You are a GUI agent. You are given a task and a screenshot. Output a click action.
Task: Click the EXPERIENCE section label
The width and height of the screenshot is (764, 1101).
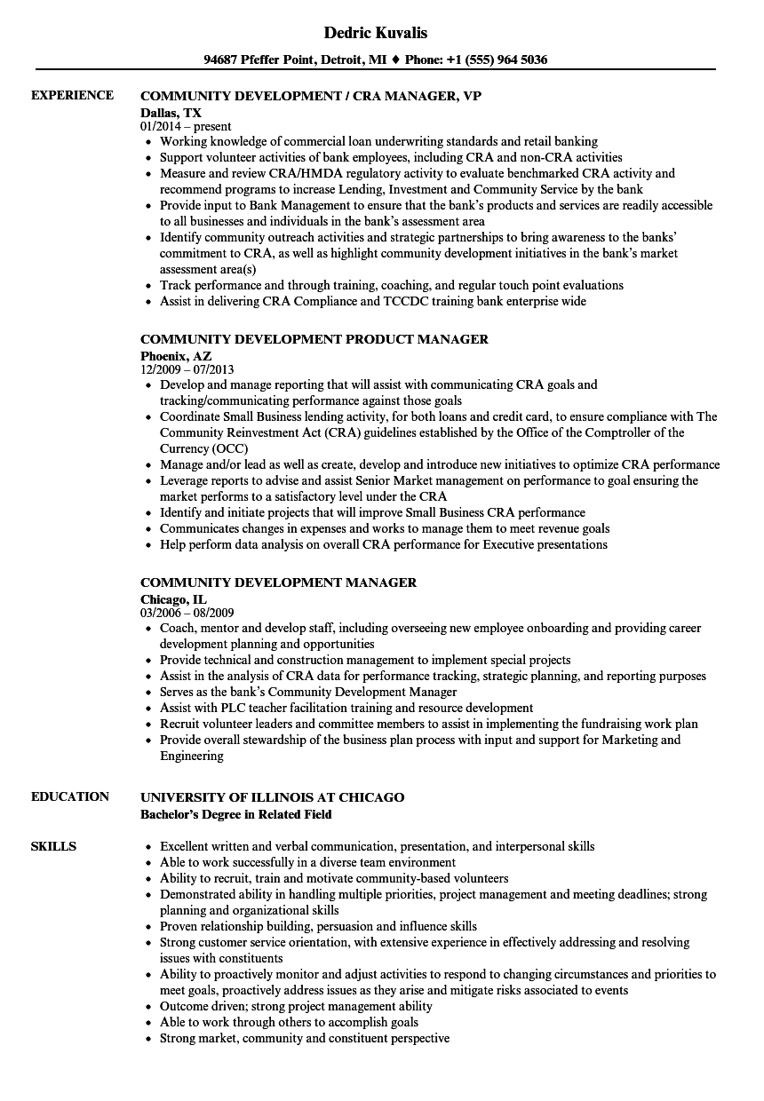pos(72,95)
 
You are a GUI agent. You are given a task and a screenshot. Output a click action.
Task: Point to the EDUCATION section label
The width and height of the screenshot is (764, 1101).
pos(70,796)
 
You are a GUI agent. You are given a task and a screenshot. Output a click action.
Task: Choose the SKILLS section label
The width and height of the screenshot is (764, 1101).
pos(53,846)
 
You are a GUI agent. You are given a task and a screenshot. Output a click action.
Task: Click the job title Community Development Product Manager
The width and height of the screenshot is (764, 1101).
pos(314,339)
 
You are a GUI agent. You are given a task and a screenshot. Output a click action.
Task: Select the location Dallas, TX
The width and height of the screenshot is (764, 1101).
pos(171,113)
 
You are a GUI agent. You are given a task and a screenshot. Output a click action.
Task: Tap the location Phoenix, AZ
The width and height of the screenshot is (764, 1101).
pos(176,355)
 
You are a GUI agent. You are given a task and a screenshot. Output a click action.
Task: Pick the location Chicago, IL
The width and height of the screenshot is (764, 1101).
pos(173,599)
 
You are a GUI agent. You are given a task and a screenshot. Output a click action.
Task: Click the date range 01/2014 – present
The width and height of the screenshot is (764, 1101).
pos(186,127)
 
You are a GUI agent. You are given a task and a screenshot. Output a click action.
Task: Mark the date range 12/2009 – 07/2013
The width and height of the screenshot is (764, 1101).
pos(187,369)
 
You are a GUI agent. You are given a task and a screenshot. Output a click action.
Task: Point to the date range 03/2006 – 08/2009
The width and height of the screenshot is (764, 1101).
pos(187,613)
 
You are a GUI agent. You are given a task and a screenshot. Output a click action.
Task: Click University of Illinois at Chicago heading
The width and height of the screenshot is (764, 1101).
pos(272,797)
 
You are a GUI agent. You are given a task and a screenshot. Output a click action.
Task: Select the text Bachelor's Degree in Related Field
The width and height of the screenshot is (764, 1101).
pos(236,814)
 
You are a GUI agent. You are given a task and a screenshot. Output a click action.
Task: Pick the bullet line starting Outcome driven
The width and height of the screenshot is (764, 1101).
pos(296,1006)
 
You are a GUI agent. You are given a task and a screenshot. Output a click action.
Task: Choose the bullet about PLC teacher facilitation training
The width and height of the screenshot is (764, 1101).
pos(346,708)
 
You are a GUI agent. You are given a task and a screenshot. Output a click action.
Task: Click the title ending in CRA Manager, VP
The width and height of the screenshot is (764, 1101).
pos(311,96)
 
